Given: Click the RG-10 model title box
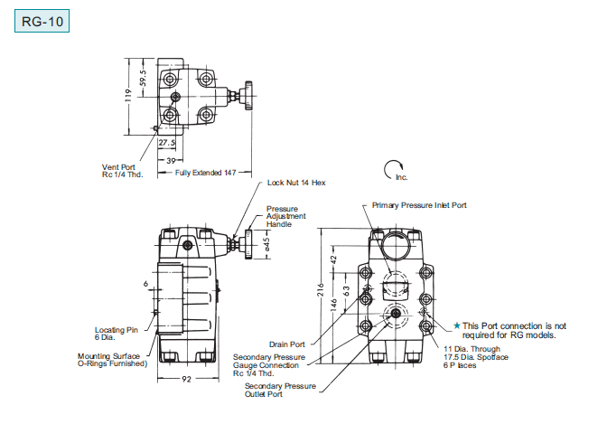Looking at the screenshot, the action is tap(42, 21).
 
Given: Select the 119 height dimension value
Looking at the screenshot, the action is tap(128, 95).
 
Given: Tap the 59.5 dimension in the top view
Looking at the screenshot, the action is tap(144, 79).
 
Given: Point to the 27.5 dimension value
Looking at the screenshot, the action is tap(167, 143).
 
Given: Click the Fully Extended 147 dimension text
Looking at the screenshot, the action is tap(205, 173).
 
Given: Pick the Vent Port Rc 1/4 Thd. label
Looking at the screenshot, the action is tap(122, 171).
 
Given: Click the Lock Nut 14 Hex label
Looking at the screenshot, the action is tap(296, 183).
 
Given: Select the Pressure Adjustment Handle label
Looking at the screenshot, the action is tap(285, 216).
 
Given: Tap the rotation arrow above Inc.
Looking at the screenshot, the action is tap(393, 169).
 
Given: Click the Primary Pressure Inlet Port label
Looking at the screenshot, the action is tap(419, 205).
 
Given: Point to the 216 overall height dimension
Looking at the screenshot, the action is tap(321, 290).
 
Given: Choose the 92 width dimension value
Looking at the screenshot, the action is tap(187, 379).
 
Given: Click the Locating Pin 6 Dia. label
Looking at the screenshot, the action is tap(117, 334).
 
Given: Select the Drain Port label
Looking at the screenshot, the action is tap(287, 344).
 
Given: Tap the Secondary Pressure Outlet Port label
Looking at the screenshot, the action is tap(280, 390).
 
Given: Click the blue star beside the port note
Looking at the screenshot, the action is tap(457, 325).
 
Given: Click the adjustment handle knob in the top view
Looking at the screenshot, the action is tap(248, 96).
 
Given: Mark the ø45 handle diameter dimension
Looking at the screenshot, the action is tap(266, 244).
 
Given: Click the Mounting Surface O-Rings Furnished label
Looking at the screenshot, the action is tap(113, 360).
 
